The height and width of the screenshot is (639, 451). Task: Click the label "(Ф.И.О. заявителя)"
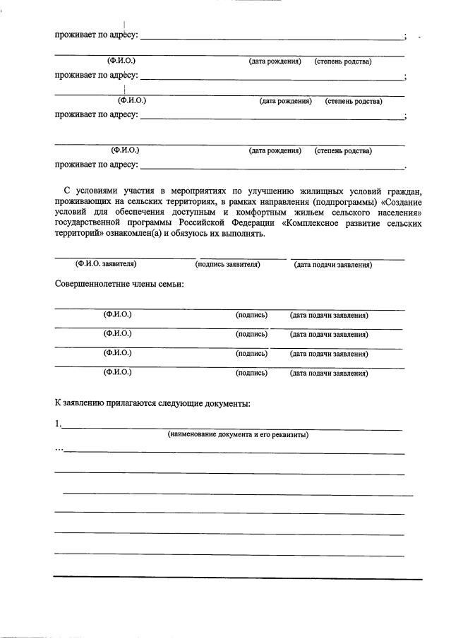[106, 264]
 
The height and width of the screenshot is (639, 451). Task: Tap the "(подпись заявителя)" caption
[227, 264]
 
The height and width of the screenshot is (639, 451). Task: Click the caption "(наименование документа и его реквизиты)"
[238, 434]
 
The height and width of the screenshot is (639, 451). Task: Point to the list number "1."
[59, 424]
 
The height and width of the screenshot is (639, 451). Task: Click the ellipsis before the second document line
[59, 448]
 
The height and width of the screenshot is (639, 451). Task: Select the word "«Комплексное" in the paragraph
[313, 222]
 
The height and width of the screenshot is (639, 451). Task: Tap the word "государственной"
[94, 222]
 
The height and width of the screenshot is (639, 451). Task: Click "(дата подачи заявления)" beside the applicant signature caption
[332, 265]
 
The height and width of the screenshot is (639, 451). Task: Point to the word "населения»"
[398, 212]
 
